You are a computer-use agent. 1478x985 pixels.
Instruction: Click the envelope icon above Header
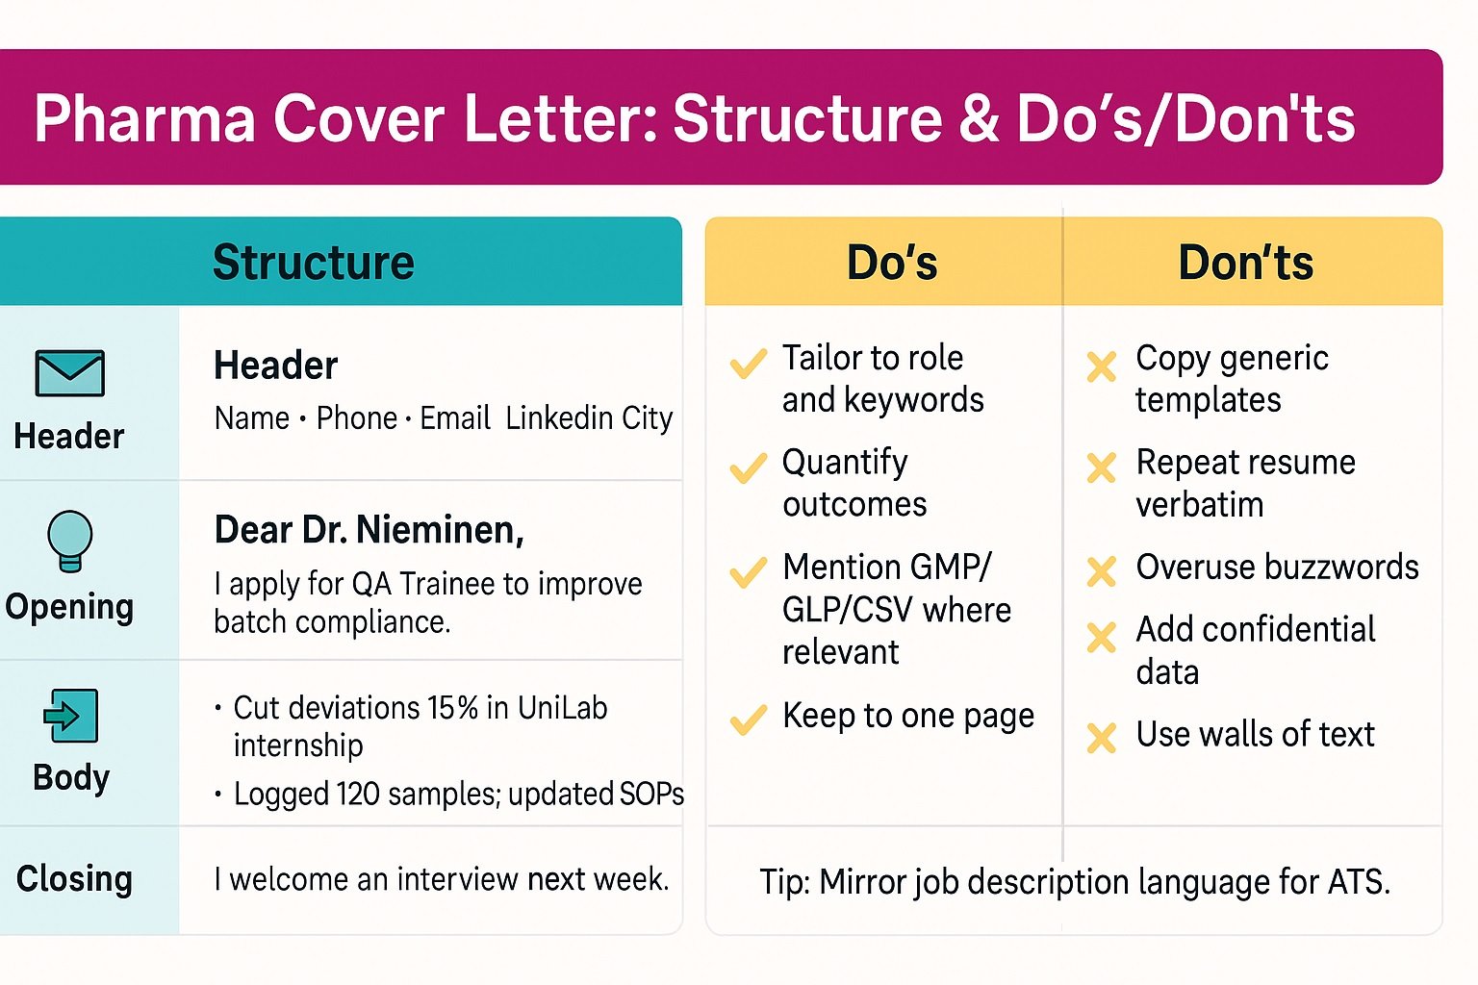[x=69, y=373]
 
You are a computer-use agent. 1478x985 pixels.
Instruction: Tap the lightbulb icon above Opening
[x=70, y=540]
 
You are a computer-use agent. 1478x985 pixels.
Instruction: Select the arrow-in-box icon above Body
[x=70, y=716]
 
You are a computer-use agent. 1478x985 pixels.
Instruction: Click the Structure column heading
[x=313, y=263]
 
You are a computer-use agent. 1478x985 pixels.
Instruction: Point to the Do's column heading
[x=891, y=263]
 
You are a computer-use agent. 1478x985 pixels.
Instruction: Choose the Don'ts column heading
[x=1245, y=263]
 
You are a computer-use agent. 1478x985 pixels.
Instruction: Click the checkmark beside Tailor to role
[x=748, y=363]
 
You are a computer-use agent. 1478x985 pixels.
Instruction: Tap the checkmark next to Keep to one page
[x=748, y=720]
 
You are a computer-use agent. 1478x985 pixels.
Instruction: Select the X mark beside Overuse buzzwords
[x=1101, y=571]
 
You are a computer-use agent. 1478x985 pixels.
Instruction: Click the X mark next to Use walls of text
[x=1101, y=738]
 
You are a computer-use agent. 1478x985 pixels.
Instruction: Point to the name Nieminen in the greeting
[x=440, y=530]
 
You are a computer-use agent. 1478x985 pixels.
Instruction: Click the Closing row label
[x=74, y=879]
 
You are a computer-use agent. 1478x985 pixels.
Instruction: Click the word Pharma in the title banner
[x=144, y=119]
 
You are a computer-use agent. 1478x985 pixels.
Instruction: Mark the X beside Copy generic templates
[x=1101, y=366]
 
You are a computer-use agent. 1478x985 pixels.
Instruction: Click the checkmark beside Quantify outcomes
[x=748, y=468]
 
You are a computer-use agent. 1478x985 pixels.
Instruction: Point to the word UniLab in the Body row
[x=562, y=708]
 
